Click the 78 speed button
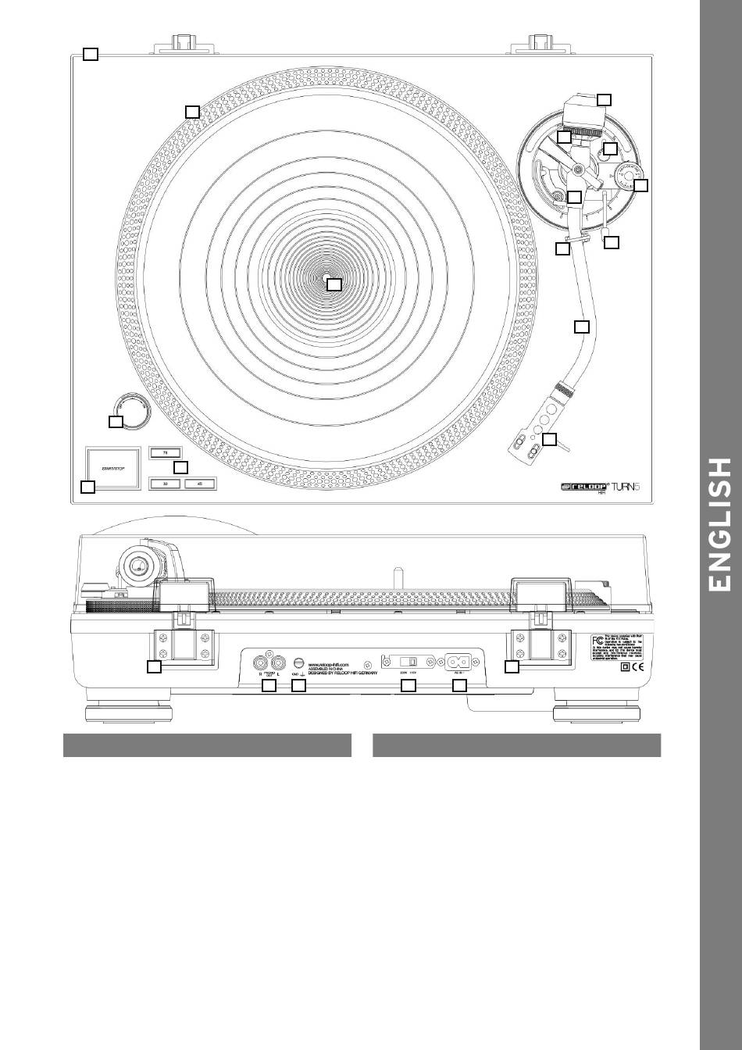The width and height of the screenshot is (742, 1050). [165, 452]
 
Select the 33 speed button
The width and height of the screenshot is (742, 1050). [165, 484]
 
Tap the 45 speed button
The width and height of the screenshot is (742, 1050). [200, 484]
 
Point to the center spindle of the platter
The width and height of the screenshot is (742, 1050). [328, 279]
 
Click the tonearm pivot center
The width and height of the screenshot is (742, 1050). [578, 170]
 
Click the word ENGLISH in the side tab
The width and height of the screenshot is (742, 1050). [719, 525]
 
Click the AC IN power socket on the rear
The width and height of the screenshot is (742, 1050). [457, 662]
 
